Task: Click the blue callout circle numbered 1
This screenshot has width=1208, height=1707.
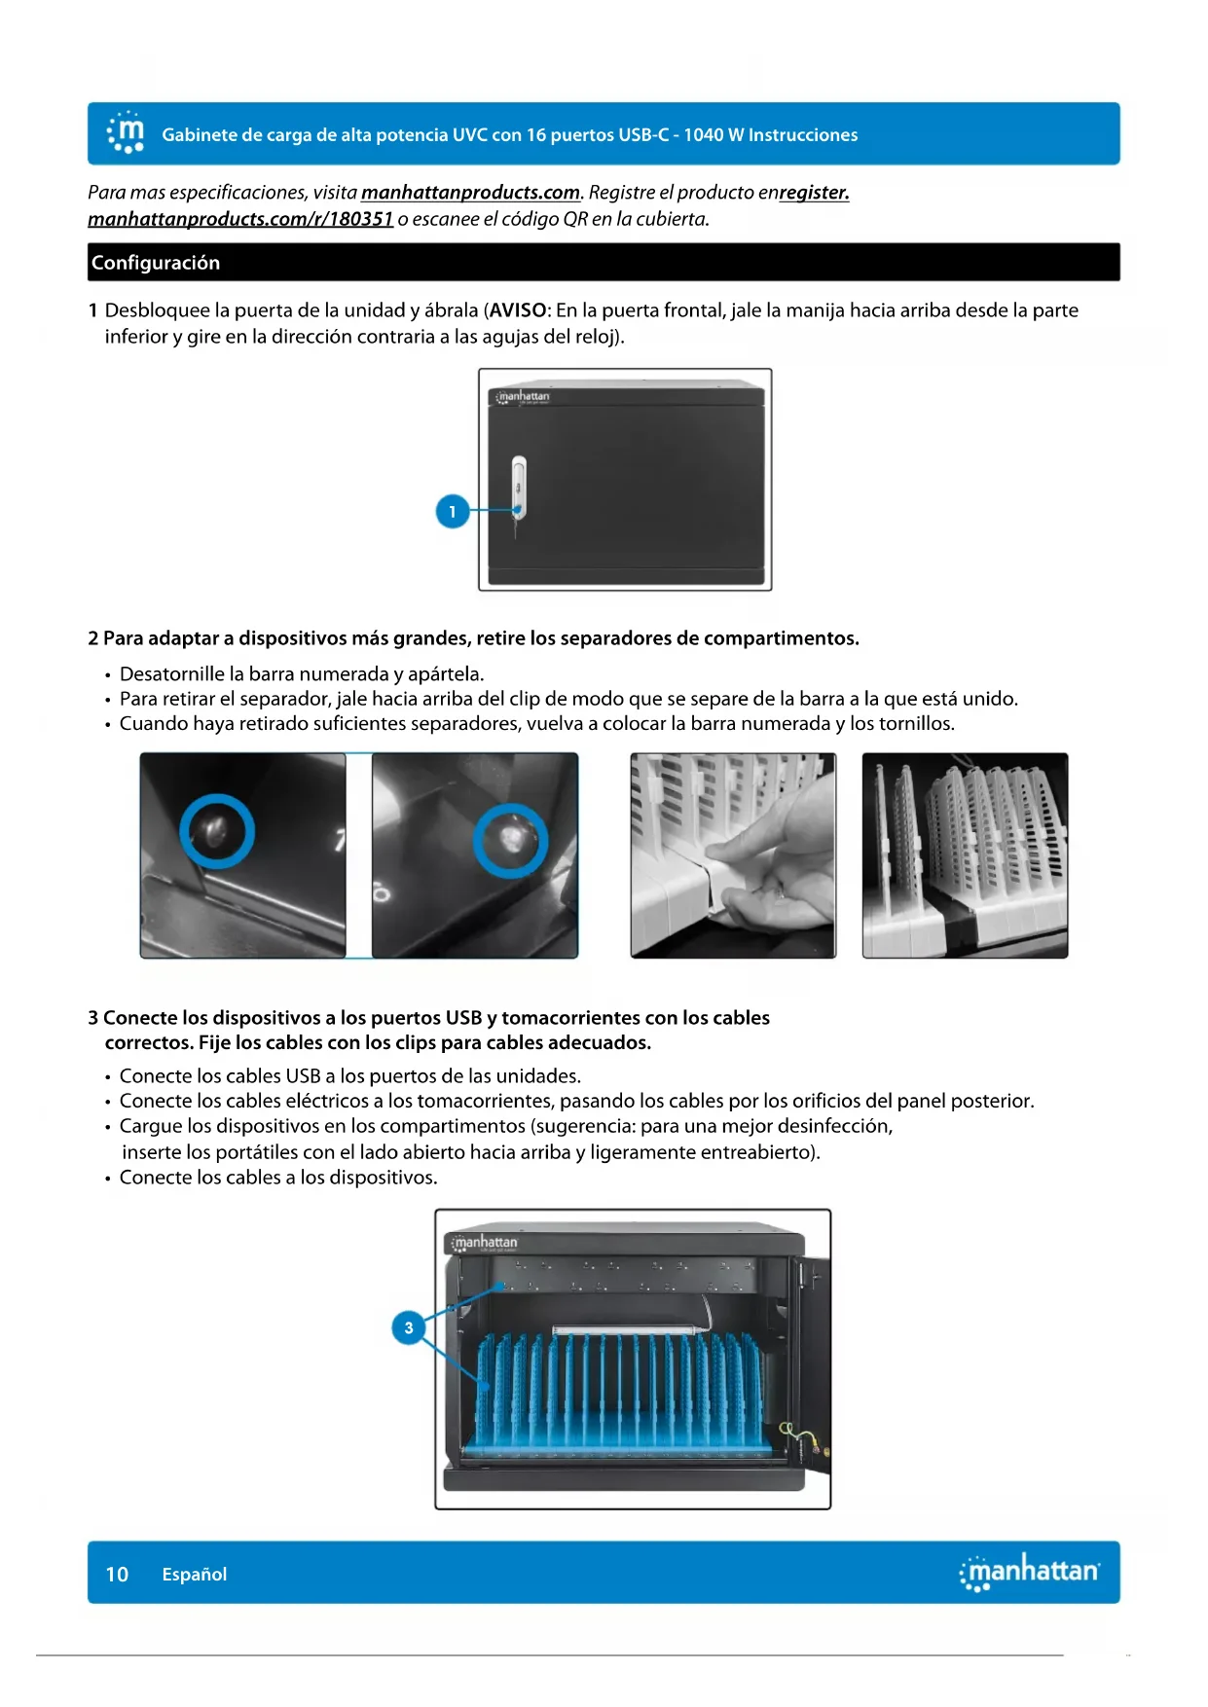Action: pos(452,511)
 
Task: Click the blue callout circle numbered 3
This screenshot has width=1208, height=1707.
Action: pos(409,1327)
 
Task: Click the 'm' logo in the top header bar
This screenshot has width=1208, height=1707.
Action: pos(126,133)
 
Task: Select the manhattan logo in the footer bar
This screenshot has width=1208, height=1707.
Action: pos(1030,1572)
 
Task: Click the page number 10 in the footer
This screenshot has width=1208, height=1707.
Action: pos(117,1574)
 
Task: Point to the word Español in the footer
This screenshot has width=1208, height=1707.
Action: pos(195,1575)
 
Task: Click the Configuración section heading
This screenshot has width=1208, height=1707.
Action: pos(156,263)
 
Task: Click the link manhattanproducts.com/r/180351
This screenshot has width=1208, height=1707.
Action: pos(240,219)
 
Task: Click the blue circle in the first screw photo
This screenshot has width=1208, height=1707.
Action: pos(216,830)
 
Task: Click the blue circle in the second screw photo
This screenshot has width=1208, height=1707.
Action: pos(510,840)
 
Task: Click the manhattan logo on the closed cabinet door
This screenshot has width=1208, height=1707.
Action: pos(523,397)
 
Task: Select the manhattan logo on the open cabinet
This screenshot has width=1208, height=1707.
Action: pos(484,1243)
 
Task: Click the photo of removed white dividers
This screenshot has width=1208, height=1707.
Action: pos(965,855)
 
